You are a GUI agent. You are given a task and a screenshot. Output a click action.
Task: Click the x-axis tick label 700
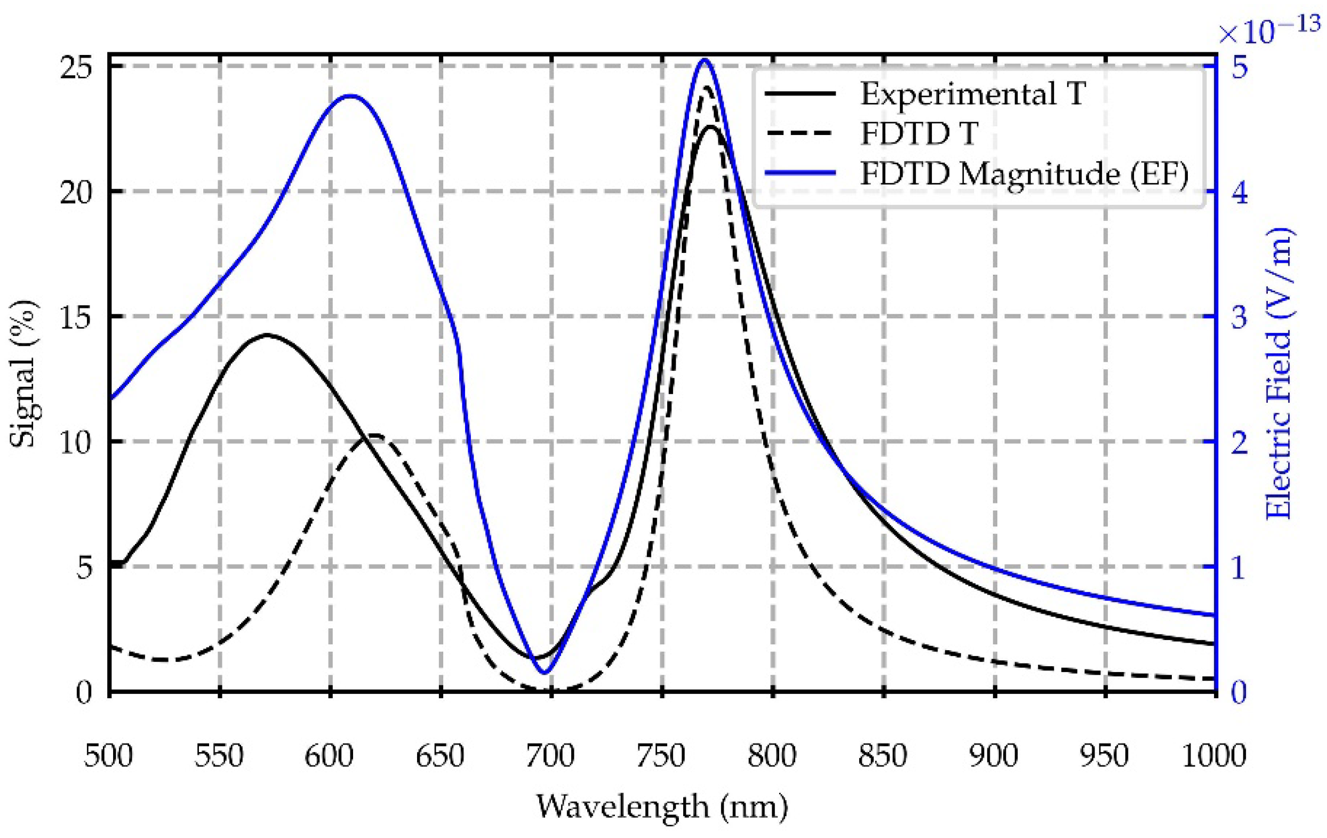550,756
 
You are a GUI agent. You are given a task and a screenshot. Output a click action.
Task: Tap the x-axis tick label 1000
1214,756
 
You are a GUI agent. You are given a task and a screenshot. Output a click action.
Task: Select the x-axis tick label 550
219,756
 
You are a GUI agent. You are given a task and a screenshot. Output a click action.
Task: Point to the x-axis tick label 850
883,756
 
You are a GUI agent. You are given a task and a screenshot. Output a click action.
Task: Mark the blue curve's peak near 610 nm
349,96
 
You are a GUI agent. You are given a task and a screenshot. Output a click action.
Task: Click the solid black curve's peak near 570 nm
267,334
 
